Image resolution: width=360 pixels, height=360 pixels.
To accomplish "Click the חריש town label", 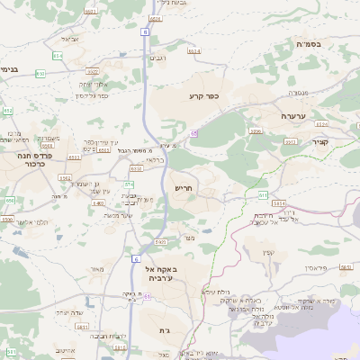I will click(184, 188).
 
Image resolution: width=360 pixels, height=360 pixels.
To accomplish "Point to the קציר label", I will click(320, 142).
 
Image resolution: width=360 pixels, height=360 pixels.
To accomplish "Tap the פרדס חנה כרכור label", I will click(32, 160).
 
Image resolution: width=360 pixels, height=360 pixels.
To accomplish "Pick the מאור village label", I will click(98, 269).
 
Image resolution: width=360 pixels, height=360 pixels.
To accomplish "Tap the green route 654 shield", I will click(58, 56).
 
